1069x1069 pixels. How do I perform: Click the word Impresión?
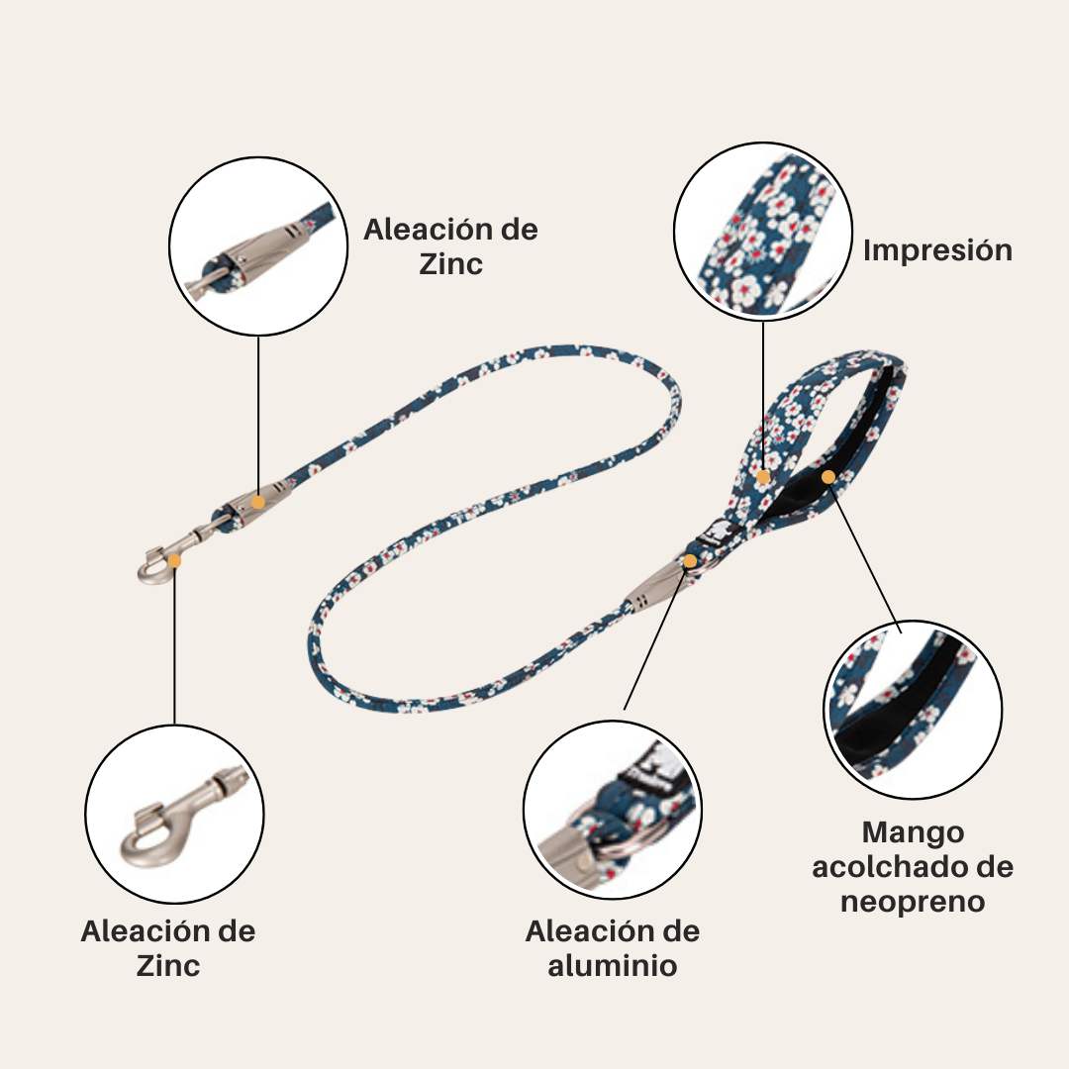[x=937, y=249]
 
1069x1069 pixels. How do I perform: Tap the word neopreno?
[x=912, y=902]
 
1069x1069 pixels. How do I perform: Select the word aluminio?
[x=613, y=965]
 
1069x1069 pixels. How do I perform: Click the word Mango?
[x=912, y=831]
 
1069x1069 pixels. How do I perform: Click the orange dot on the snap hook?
[x=175, y=560]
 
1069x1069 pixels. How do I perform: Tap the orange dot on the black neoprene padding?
[x=828, y=477]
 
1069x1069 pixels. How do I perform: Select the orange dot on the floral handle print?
[x=763, y=477]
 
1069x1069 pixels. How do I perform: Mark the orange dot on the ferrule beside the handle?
[x=690, y=561]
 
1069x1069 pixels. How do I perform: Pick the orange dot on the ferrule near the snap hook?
[x=258, y=502]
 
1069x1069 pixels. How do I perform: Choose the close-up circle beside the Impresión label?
[x=763, y=230]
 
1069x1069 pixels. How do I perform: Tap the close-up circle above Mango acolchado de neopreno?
[x=913, y=709]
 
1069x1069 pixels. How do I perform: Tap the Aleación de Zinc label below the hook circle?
[x=168, y=948]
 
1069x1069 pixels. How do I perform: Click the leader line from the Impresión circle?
[x=763, y=396]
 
